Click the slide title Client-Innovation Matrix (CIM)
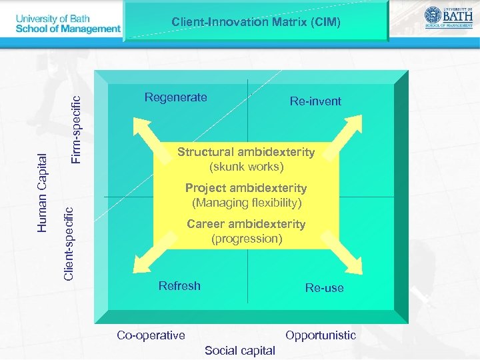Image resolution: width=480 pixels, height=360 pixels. point(256,22)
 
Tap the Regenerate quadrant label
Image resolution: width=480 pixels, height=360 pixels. point(175,97)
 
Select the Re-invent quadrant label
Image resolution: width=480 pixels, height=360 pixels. point(315,101)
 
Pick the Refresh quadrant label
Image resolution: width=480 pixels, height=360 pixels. point(179,286)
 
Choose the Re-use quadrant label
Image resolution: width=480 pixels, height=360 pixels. point(325,288)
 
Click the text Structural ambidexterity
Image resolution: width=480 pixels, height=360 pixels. point(246,152)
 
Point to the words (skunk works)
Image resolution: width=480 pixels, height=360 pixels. point(246,166)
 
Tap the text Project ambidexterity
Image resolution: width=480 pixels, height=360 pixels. point(246,188)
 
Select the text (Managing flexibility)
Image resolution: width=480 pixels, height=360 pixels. point(247,202)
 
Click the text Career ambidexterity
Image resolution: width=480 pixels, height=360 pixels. point(246,224)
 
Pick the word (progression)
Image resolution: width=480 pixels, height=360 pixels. point(247,238)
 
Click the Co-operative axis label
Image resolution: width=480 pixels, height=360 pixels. point(151,335)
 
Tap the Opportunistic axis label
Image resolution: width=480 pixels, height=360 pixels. point(321,335)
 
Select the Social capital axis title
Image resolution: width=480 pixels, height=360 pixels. point(240,351)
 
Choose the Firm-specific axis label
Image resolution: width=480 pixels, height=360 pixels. point(76,129)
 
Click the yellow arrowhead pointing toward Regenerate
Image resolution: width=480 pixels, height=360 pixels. point(141,125)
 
